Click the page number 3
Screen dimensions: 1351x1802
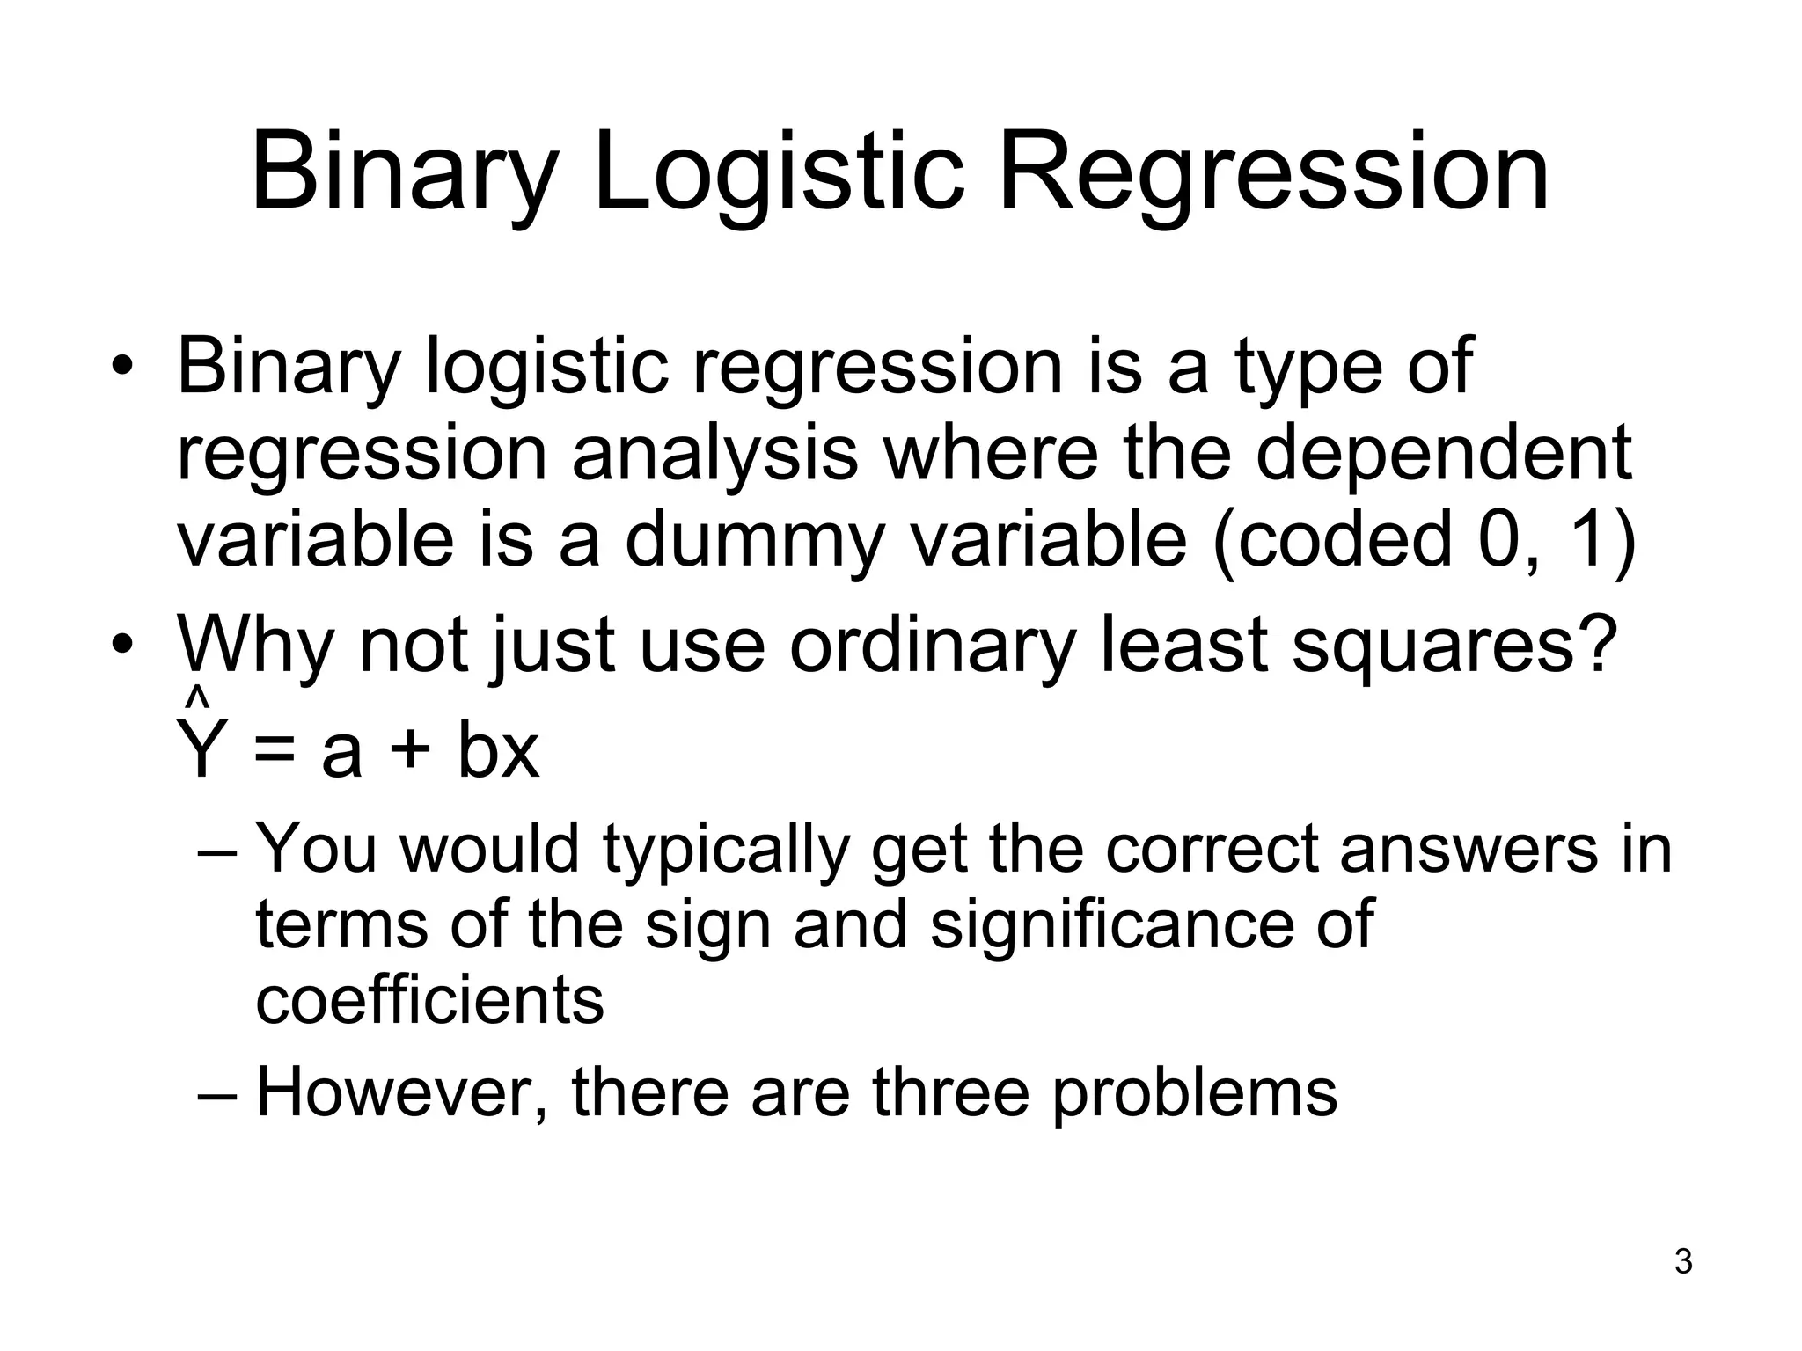pos(1682,1261)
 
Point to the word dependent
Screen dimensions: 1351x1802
pos(1443,454)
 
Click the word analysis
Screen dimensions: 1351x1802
pos(714,454)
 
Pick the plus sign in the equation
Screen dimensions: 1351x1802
pos(410,753)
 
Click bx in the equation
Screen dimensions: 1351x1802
pos(497,751)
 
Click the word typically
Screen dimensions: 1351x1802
pos(726,851)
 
